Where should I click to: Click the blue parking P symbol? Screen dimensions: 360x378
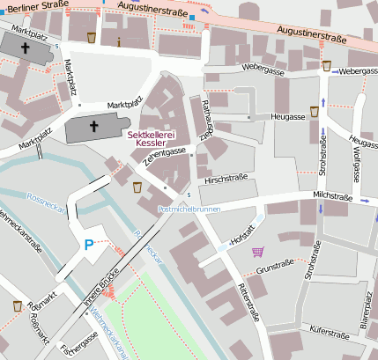pyautogui.click(x=88, y=246)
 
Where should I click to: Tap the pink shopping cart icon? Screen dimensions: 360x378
pyautogui.click(x=257, y=252)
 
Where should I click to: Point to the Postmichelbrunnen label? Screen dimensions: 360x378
pyautogui.click(x=189, y=209)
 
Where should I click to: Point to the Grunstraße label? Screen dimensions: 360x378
pyautogui.click(x=273, y=263)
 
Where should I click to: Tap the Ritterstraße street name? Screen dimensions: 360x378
pyautogui.click(x=248, y=305)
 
